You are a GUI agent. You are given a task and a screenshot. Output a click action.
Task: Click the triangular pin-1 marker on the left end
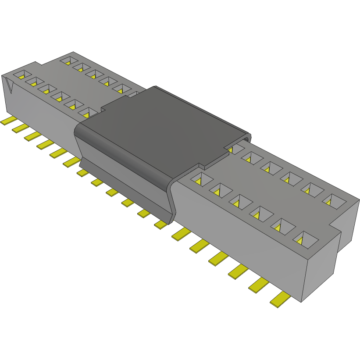coord(9,84)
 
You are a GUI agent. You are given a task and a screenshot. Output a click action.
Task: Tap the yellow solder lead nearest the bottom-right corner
coord(281,300)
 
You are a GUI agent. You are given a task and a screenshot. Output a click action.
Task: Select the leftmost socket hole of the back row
coord(68,60)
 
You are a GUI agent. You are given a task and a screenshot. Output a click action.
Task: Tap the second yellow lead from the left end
coord(19,128)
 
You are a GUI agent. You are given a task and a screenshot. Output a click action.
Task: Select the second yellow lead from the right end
coord(259,286)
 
